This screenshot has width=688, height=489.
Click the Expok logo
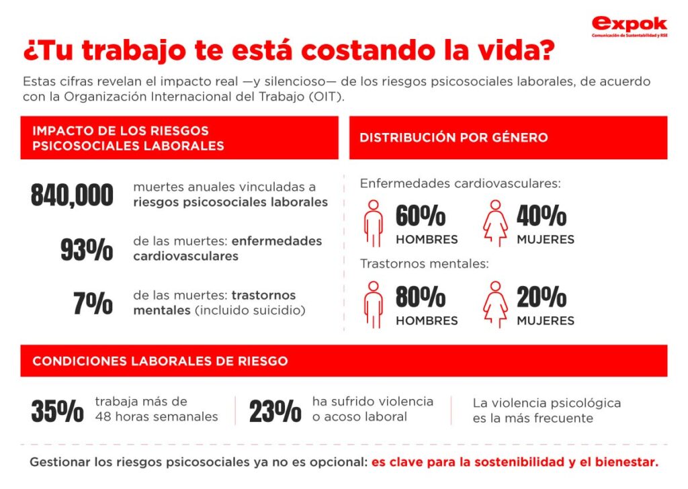pos(629,26)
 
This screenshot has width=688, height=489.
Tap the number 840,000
pos(72,195)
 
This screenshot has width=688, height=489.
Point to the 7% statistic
pos(93,304)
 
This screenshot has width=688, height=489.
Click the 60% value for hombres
pos(421,216)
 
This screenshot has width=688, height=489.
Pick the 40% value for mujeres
pos(542,216)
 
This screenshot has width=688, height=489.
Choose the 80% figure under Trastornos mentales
pos(421,297)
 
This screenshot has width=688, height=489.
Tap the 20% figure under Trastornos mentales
pos(542,297)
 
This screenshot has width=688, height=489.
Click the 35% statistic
pos(57,411)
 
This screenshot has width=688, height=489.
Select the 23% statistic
pos(275,411)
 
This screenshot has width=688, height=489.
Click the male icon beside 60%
pos(373,222)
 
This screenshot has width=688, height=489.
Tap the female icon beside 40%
pos(495,222)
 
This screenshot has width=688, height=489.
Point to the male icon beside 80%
pos(373,304)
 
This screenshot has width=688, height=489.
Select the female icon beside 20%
pos(495,304)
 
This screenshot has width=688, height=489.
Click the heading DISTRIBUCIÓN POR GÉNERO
pos(454,138)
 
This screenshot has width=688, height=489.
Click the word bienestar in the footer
pos(628,462)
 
